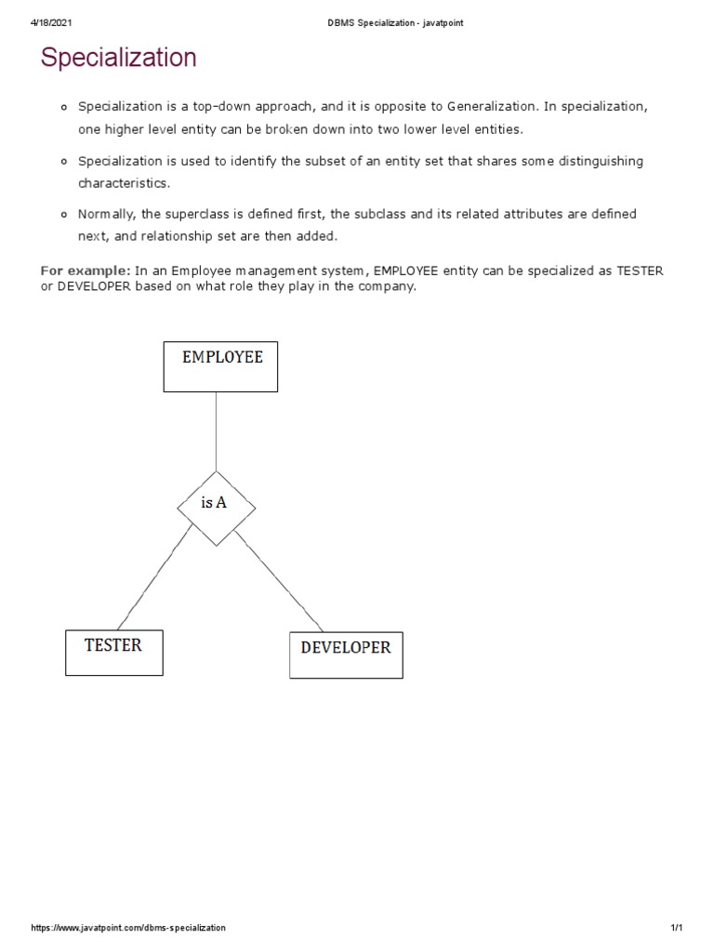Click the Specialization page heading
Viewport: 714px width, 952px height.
coord(119,58)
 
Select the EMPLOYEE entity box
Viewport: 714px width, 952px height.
coord(220,366)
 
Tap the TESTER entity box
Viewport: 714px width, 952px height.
coord(113,652)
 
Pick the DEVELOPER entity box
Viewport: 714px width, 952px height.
coord(346,655)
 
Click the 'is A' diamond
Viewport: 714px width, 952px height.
coord(216,504)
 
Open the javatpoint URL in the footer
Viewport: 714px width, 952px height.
coord(128,928)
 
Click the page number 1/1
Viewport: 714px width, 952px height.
coord(676,928)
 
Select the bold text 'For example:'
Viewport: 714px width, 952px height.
coord(85,271)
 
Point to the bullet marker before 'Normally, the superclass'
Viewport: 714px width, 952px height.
coord(64,215)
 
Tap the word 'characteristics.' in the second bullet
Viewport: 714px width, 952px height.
coord(125,183)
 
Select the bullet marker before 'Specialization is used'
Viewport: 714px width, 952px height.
coord(64,162)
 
